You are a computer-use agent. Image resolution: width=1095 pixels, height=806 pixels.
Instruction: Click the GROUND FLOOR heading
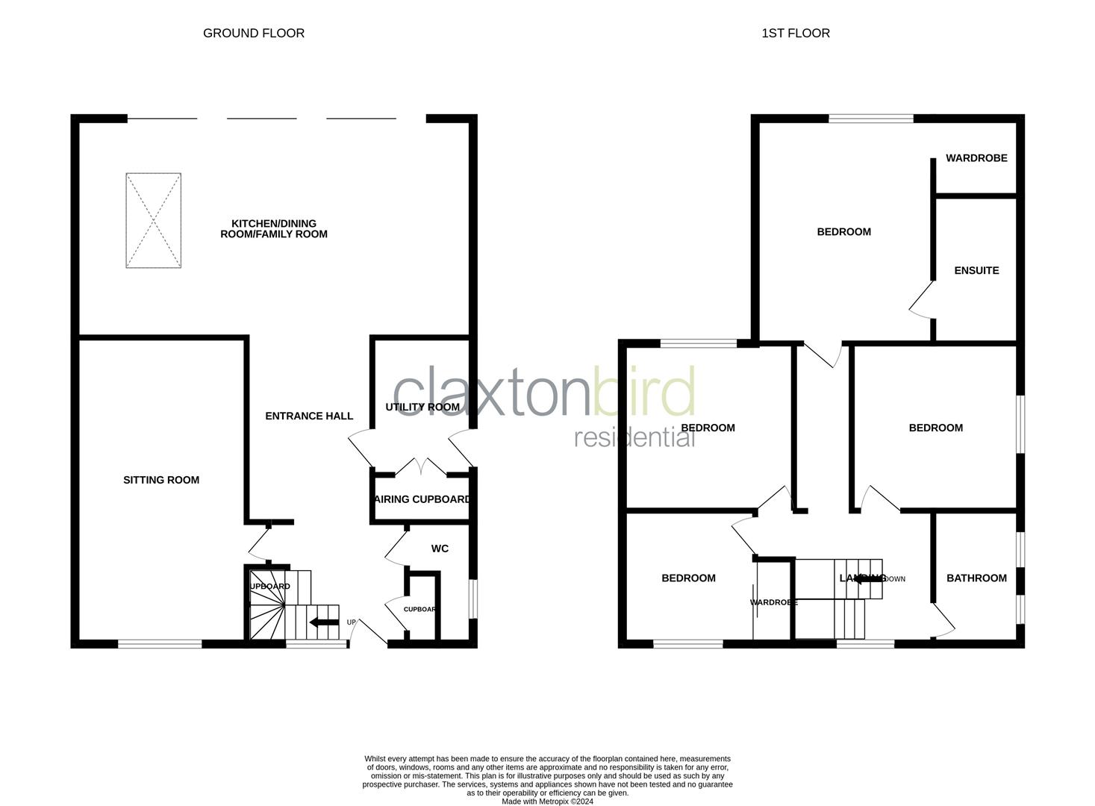[254, 33]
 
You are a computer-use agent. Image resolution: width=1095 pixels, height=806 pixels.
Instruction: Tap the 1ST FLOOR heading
[796, 33]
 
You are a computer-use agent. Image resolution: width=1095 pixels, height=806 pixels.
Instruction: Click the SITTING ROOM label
[161, 480]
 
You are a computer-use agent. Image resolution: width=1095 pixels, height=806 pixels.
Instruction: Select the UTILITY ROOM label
[422, 407]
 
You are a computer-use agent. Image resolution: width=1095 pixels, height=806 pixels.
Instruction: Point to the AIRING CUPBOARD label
[422, 499]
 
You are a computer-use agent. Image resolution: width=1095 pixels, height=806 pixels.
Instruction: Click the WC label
[440, 549]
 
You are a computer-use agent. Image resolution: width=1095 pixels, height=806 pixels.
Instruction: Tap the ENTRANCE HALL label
[309, 416]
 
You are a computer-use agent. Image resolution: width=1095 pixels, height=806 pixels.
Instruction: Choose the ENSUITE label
[976, 270]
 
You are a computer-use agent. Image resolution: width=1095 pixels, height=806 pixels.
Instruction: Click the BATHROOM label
[976, 578]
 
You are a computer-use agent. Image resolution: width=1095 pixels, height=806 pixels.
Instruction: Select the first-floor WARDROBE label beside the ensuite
[976, 158]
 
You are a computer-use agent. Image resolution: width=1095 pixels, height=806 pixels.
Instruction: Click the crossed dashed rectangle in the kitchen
[153, 220]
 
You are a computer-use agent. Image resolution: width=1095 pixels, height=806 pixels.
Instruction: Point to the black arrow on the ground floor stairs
[323, 622]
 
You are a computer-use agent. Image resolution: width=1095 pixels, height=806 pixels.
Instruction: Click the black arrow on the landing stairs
[868, 578]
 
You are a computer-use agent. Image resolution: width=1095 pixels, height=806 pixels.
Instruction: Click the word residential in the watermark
[634, 437]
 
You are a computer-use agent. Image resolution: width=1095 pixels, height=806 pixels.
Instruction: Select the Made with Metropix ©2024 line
[547, 802]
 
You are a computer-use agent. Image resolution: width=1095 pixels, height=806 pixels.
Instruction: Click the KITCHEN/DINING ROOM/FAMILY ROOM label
[274, 228]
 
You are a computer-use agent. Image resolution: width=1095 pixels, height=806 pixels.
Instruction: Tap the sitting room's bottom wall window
[160, 643]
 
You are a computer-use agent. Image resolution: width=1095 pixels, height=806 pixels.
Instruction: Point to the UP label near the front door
[352, 622]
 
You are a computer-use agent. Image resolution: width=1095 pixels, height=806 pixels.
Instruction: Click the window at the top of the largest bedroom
[871, 118]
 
